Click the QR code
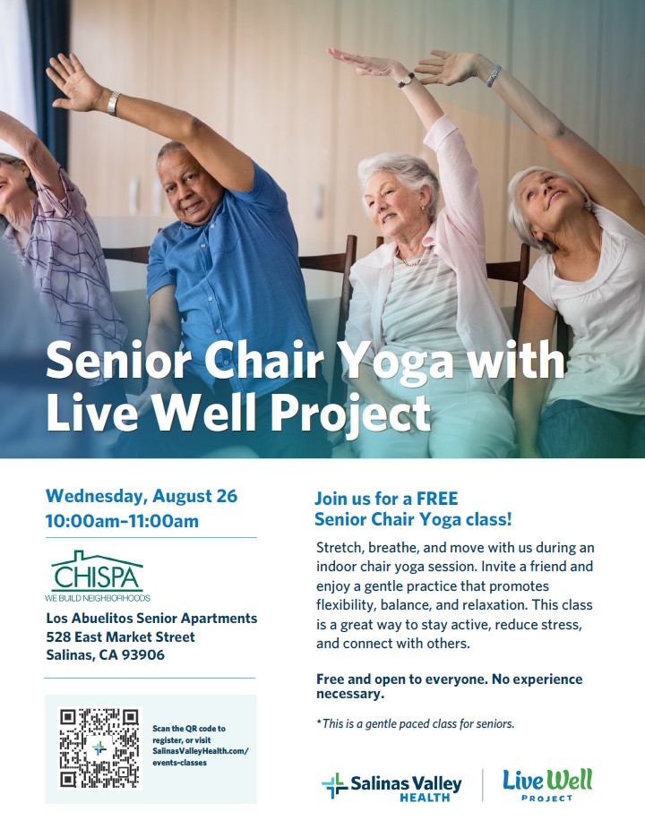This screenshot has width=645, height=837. (x=99, y=747)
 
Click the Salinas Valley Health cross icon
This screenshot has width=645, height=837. (x=334, y=785)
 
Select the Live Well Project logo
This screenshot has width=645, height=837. (x=547, y=785)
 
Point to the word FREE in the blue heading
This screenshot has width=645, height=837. (x=437, y=499)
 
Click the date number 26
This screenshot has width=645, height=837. (x=227, y=496)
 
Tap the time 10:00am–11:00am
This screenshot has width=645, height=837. (x=122, y=521)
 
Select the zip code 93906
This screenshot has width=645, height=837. (x=143, y=655)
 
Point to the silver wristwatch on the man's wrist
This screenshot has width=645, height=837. (x=113, y=104)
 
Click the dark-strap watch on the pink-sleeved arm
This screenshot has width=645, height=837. (x=406, y=80)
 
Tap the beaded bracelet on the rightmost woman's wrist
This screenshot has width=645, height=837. (x=494, y=76)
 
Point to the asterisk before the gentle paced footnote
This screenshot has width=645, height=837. (x=319, y=722)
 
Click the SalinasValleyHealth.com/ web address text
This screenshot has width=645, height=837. (x=201, y=751)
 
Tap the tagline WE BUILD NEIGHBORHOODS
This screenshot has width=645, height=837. (x=98, y=598)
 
